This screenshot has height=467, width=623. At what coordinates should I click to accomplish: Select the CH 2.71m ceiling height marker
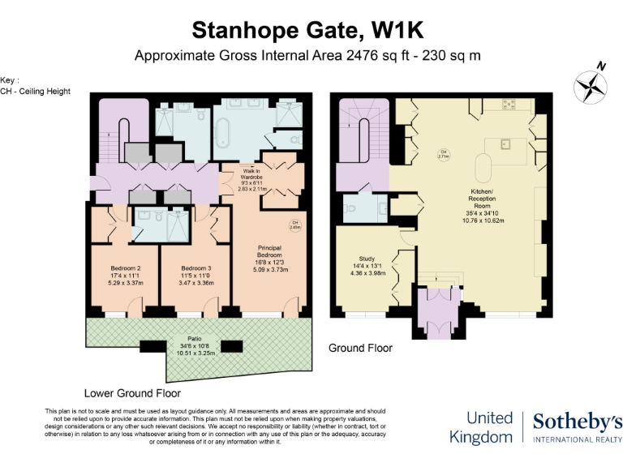444,155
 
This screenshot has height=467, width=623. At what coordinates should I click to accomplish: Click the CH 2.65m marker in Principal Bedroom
295,225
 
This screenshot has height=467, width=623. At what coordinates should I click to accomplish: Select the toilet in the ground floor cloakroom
349,209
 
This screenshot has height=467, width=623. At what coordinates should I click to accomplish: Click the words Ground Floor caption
360,348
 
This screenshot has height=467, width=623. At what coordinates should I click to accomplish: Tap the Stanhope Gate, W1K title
307,30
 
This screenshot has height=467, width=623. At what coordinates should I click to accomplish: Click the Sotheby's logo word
577,421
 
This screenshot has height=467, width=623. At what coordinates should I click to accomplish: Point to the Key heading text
10,80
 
